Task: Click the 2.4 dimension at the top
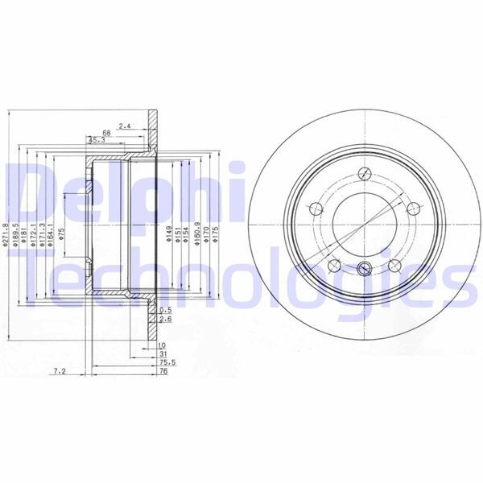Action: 124,126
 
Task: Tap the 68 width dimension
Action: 106,133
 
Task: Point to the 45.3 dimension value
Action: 96,141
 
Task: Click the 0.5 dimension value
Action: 167,310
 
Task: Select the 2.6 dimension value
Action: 167,320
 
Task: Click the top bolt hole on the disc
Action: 365,173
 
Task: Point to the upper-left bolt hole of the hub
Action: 316,208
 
